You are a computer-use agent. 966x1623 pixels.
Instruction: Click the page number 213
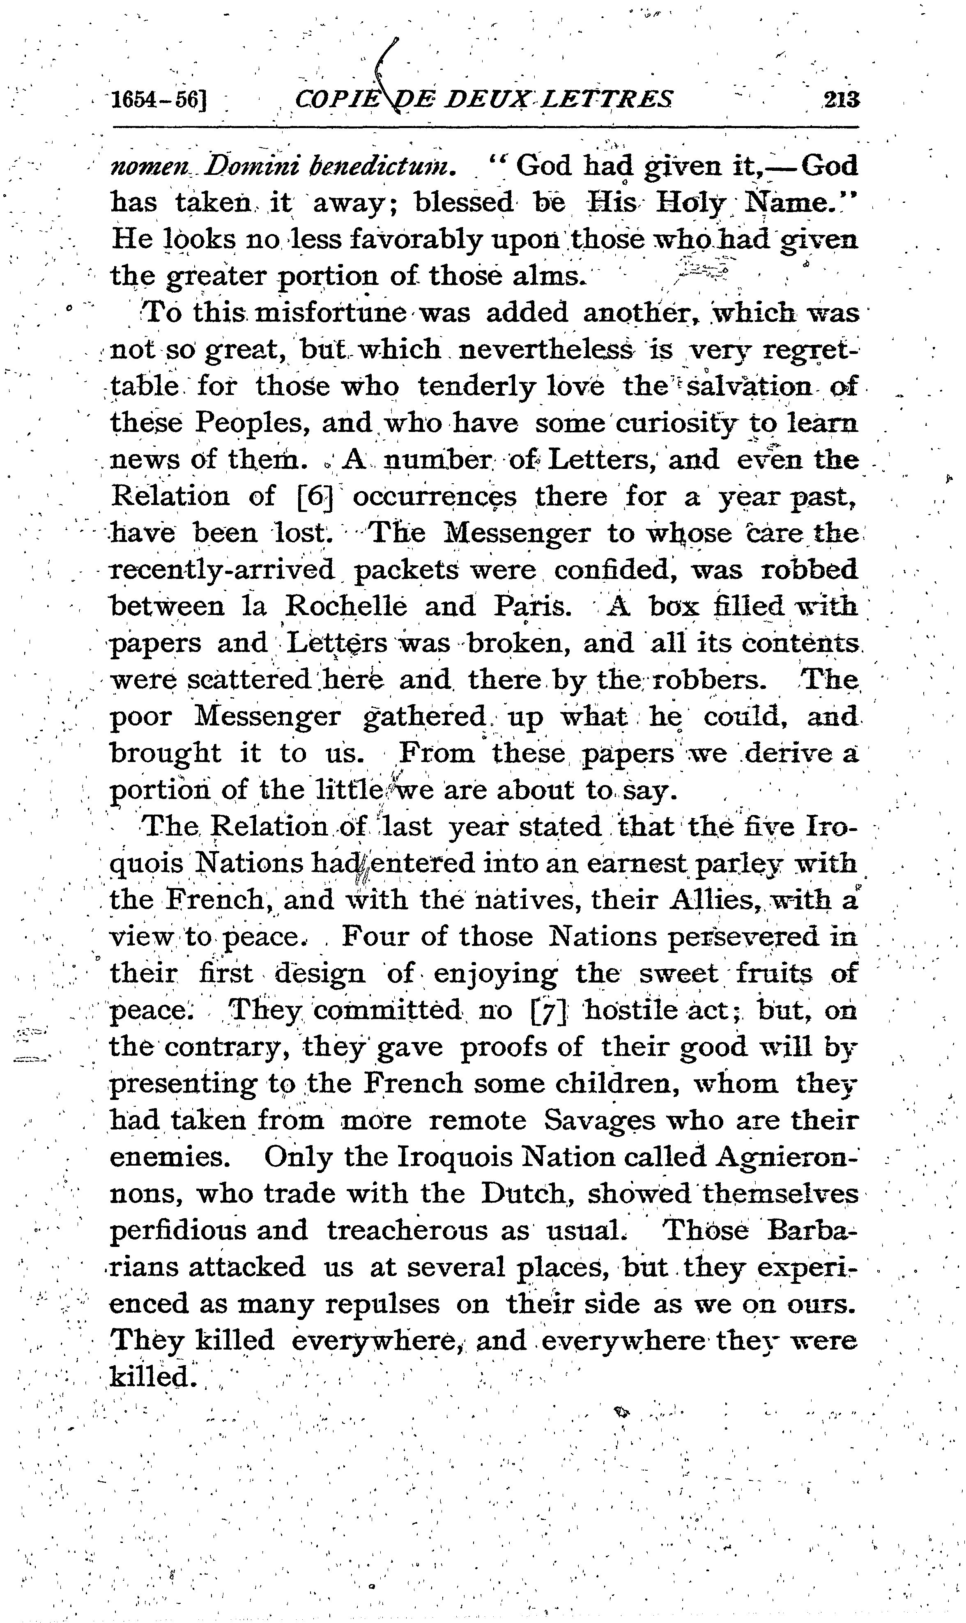coord(842,100)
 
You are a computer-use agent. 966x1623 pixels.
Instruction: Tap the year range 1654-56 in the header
coord(159,100)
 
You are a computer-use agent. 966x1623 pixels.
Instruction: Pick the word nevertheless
coord(545,350)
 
